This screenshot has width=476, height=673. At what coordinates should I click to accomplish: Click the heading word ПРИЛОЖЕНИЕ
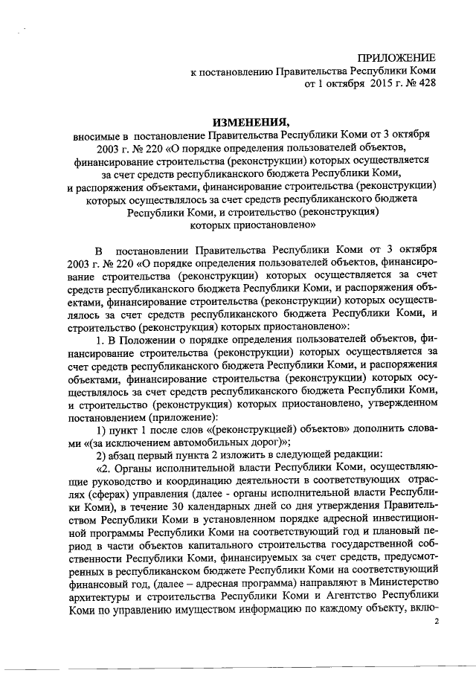coord(397,57)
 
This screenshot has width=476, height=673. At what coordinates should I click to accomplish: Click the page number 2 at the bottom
coord(437,619)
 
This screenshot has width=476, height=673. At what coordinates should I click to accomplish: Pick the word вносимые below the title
coord(95,137)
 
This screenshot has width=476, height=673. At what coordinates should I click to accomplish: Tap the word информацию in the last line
coord(271,616)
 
